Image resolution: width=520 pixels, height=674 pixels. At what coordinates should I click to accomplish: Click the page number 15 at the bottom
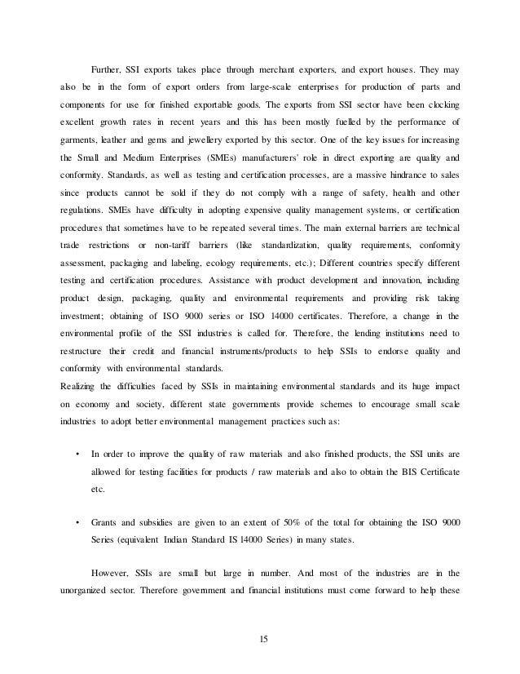(x=261, y=624)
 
